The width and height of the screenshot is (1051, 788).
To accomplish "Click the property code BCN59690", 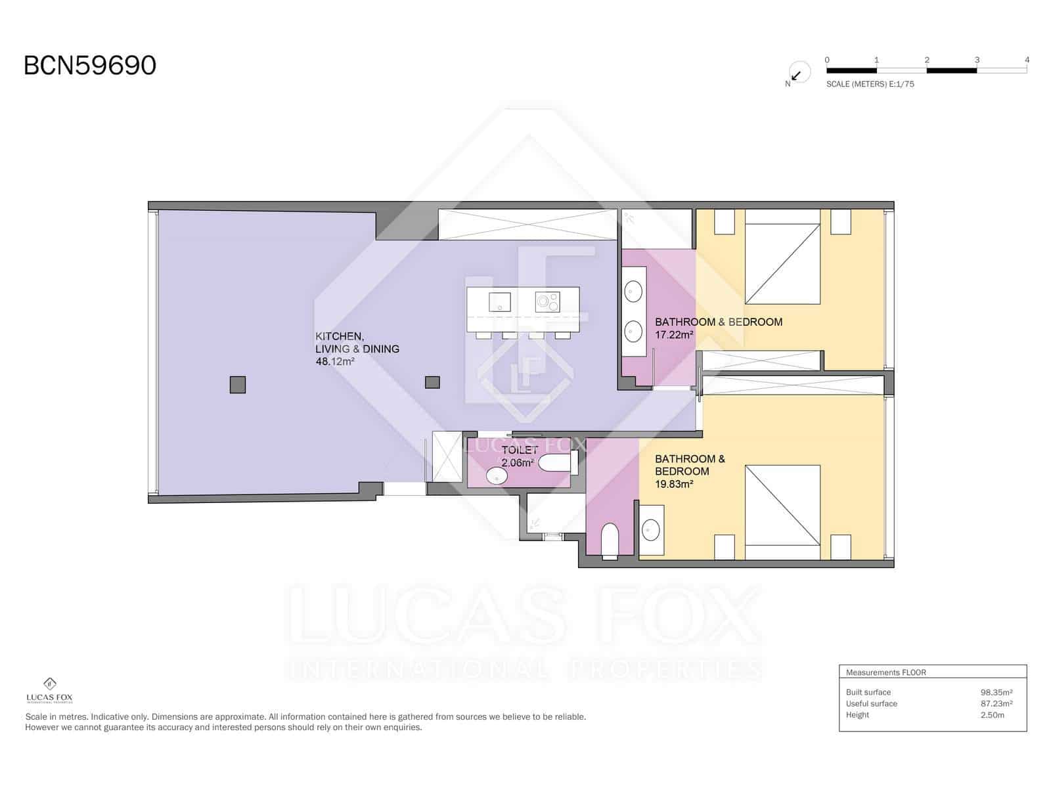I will pos(90,66).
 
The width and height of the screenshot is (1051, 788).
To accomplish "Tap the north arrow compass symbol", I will pos(798,73).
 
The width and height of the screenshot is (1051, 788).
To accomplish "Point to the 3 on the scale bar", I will pos(977,60).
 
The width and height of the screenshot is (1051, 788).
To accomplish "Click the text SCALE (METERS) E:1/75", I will pos(870,84).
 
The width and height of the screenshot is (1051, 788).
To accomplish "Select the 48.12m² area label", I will pos(335,361).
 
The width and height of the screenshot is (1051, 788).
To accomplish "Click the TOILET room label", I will pos(520,450).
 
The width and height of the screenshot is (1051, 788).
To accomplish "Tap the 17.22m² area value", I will pos(674,335).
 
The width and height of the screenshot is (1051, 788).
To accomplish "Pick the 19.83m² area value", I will pos(674,484).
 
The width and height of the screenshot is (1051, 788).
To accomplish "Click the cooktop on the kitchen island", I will pos(547,301).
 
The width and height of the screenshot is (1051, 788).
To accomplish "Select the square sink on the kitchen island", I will pos(500,302).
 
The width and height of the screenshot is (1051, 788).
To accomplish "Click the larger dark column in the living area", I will pos(238,385).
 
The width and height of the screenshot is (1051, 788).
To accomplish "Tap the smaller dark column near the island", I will pos(432,382).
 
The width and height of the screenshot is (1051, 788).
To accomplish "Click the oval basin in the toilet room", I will pos(497,476).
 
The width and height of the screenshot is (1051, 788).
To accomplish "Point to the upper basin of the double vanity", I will pos(633,291).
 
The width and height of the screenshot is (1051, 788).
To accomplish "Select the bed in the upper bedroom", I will pos(782,263).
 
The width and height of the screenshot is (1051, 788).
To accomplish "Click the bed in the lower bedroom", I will pos(782,505).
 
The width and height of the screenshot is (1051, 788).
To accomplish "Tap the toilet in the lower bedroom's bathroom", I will pos(610,540).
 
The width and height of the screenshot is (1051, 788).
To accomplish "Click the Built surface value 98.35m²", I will pos(996,692).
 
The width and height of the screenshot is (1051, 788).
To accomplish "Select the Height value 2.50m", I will pos(992,715).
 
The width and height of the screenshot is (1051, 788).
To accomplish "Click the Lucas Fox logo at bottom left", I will pos(49,690).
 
